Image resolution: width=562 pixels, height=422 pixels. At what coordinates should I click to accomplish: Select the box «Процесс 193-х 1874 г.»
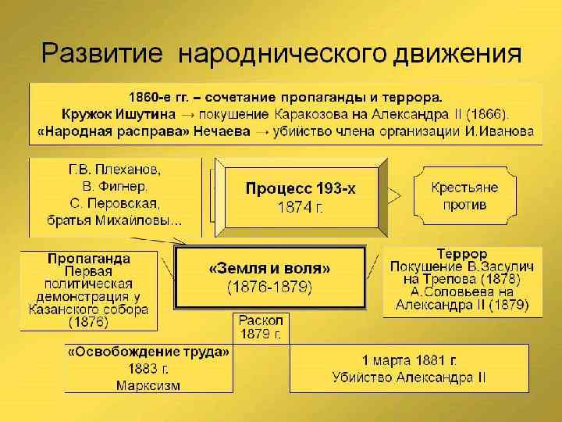click(x=301, y=198)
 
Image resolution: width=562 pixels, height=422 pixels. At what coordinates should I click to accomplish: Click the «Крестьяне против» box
click(x=464, y=196)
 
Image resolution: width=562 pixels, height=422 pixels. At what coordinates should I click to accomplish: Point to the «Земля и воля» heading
click(x=270, y=268)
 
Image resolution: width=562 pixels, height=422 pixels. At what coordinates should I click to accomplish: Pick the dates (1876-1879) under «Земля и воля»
click(x=270, y=288)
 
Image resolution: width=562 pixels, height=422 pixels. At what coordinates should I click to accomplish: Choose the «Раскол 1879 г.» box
click(x=261, y=327)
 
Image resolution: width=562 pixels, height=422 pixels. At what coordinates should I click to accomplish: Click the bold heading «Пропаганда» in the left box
click(x=88, y=258)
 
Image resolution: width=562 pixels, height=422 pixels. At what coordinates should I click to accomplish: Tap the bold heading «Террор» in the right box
click(x=462, y=255)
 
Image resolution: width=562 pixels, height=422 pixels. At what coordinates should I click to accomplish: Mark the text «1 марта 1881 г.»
click(x=408, y=360)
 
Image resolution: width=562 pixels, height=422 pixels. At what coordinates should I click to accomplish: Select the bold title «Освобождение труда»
click(x=148, y=352)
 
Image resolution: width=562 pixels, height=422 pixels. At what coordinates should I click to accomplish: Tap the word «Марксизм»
click(x=148, y=385)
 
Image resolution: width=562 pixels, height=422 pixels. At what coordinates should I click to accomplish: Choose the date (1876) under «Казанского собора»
click(x=88, y=321)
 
